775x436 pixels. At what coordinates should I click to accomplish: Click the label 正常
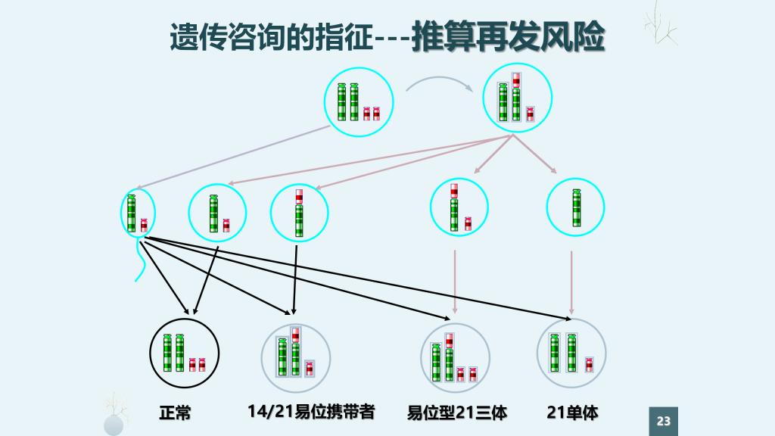(x=175, y=413)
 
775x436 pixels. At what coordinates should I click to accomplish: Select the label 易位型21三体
(x=457, y=413)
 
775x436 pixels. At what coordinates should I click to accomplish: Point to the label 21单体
(x=572, y=413)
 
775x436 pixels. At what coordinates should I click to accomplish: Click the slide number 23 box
(x=664, y=421)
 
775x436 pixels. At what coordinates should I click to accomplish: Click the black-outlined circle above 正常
(x=185, y=353)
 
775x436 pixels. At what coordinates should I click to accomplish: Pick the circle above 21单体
(x=571, y=353)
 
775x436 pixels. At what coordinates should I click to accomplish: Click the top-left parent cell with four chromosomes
(x=359, y=104)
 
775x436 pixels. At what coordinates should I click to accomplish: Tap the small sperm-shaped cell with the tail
(x=138, y=214)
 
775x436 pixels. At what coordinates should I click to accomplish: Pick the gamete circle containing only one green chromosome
(x=575, y=207)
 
